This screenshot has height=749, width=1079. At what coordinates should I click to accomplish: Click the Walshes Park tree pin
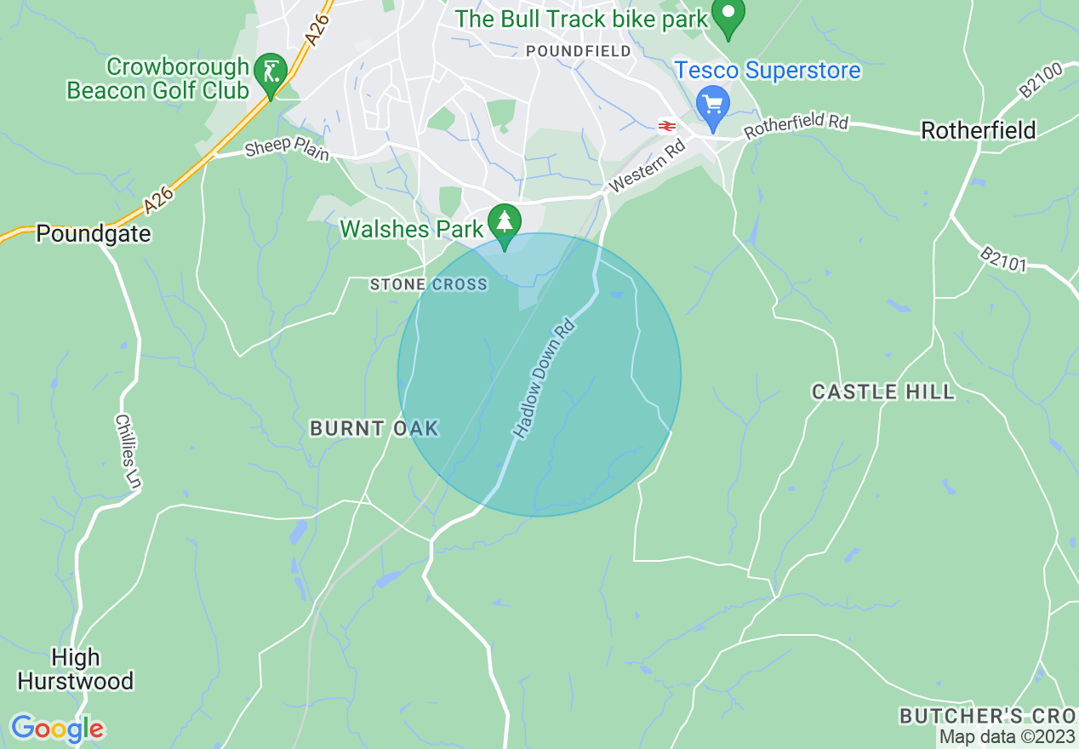(x=505, y=222)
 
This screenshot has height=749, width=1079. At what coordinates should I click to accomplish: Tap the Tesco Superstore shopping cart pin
(x=712, y=103)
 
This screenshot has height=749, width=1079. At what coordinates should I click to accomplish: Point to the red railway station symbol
(x=666, y=126)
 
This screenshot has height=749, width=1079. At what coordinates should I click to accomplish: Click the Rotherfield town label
(x=979, y=130)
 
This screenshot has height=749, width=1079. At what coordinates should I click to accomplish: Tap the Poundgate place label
(x=93, y=234)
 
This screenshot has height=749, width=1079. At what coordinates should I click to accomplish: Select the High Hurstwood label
(x=76, y=670)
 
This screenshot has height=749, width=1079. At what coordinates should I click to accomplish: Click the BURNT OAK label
(x=374, y=428)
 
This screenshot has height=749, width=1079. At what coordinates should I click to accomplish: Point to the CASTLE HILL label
(x=883, y=392)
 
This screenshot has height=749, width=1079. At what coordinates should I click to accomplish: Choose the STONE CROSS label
(x=429, y=284)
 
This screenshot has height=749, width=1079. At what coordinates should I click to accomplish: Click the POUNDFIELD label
(x=579, y=51)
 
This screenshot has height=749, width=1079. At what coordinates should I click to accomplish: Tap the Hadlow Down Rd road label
(x=545, y=379)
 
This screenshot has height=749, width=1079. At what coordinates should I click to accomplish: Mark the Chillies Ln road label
(x=128, y=452)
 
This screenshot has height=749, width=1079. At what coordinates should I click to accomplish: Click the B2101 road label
(x=1003, y=259)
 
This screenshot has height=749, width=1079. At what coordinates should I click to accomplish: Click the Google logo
(x=57, y=729)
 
